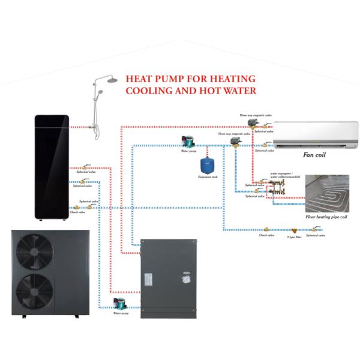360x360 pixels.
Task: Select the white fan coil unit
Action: [316, 134]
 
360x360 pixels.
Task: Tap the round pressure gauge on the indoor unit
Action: [188, 279]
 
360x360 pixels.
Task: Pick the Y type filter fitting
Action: [294, 230]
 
